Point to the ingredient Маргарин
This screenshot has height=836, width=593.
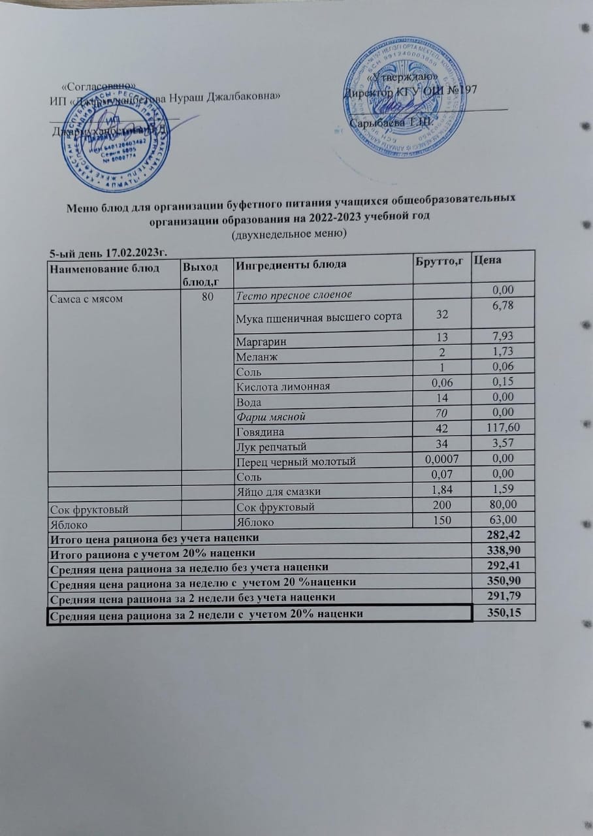click(261, 342)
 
